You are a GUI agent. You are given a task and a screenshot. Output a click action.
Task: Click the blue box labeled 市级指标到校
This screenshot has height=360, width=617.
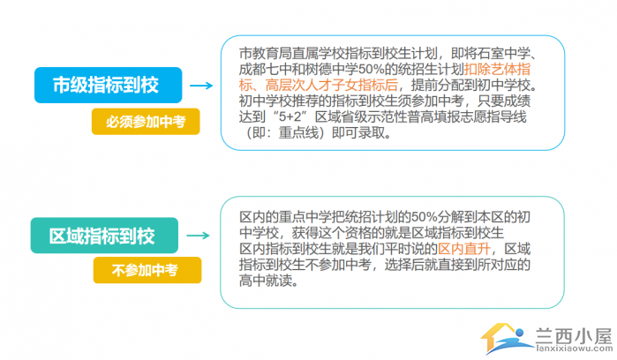point(109,85)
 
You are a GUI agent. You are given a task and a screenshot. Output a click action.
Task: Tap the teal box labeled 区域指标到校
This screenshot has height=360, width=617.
point(104,236)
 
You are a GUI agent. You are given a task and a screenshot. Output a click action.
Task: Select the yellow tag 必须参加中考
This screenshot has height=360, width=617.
point(146,122)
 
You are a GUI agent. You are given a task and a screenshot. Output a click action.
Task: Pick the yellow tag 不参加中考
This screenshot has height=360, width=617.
point(147,270)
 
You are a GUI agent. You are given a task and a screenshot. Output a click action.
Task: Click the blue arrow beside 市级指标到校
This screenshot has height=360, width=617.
point(201,86)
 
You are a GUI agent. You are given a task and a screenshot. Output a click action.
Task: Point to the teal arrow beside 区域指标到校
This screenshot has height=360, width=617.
point(198,236)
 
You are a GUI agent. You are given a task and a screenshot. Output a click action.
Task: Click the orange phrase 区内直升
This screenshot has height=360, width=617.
point(464,249)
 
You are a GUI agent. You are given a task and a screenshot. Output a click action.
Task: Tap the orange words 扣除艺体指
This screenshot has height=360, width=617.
point(497,69)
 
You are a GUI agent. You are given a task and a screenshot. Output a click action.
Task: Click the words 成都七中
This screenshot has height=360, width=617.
point(266,69)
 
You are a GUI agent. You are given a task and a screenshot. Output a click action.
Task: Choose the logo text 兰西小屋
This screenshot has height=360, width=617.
point(574,336)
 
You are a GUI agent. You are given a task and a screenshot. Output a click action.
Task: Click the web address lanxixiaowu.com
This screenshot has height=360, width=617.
point(574,349)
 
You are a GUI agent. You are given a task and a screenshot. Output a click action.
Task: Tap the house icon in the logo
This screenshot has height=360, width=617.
point(508,338)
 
